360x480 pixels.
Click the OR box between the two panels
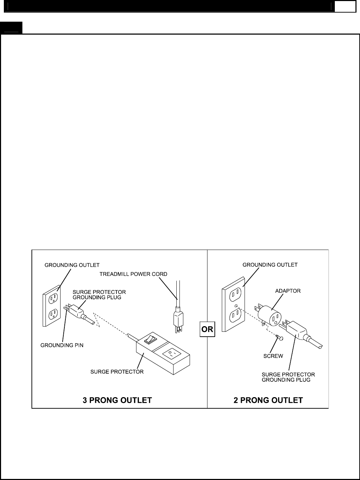pos(207,330)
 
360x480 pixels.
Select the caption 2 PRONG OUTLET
pos(268,400)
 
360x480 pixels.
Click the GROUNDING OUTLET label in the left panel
pos(72,265)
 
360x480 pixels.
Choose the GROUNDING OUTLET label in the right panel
pos(270,265)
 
